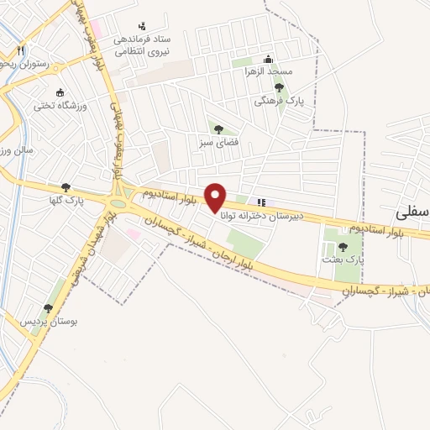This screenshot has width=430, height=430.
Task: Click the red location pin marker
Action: pyautogui.click(x=216, y=197)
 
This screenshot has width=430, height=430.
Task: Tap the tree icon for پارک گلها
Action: pyautogui.click(x=66, y=188)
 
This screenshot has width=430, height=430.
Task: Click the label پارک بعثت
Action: pyautogui.click(x=343, y=260)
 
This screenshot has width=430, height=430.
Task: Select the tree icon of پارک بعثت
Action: pyautogui.click(x=343, y=247)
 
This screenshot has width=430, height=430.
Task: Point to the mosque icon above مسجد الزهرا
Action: pyautogui.click(x=268, y=60)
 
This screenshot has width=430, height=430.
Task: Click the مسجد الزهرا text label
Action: pyautogui.click(x=268, y=72)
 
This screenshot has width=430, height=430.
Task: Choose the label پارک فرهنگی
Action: pyautogui.click(x=281, y=100)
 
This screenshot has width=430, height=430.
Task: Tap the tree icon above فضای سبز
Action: pyautogui.click(x=218, y=129)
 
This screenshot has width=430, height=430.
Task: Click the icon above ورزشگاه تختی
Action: pyautogui.click(x=59, y=92)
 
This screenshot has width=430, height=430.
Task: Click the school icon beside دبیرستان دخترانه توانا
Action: pyautogui.click(x=261, y=202)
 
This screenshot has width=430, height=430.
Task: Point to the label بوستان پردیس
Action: pyautogui.click(x=42, y=322)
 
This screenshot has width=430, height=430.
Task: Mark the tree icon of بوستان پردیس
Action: pyautogui.click(x=48, y=307)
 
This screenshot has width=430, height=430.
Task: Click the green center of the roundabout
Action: pyautogui.click(x=118, y=202)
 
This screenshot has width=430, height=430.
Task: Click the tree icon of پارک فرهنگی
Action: pyautogui.click(x=279, y=87)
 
